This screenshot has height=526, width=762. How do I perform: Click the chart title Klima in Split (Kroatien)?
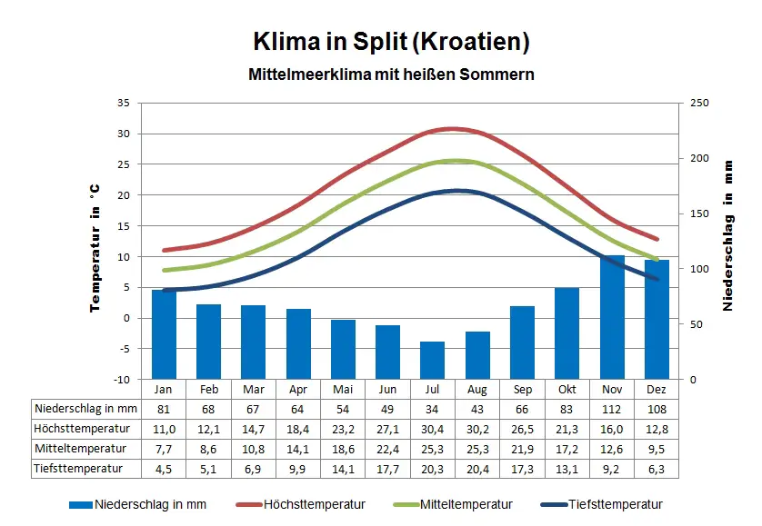click(391, 42)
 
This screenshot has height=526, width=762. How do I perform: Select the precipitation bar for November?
click(612, 317)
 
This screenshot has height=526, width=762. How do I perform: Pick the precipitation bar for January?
click(164, 333)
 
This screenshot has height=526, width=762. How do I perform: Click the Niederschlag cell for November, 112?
click(612, 408)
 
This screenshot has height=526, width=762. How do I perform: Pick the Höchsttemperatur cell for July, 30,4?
click(433, 428)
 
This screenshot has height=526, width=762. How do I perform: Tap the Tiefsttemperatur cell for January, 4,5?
click(164, 469)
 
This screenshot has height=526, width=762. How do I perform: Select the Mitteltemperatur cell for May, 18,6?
click(343, 449)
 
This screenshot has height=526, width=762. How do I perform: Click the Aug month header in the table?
click(477, 389)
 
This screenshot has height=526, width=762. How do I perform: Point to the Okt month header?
click(567, 389)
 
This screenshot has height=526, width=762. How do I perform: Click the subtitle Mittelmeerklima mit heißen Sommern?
click(391, 74)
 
